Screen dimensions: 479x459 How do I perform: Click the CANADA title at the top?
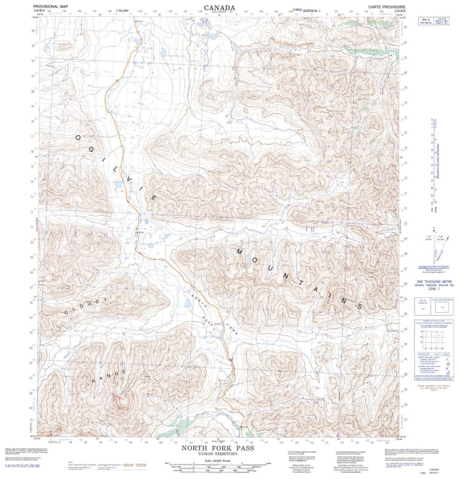pyautogui.click(x=219, y=8)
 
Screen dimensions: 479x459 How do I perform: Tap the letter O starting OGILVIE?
pyautogui.click(x=77, y=137)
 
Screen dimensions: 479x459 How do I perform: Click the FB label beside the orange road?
pyautogui.click(x=142, y=221)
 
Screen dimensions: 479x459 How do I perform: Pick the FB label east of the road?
pyautogui.click(x=310, y=229)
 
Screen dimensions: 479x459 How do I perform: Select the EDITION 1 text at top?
pyautogui.click(x=316, y=10)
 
